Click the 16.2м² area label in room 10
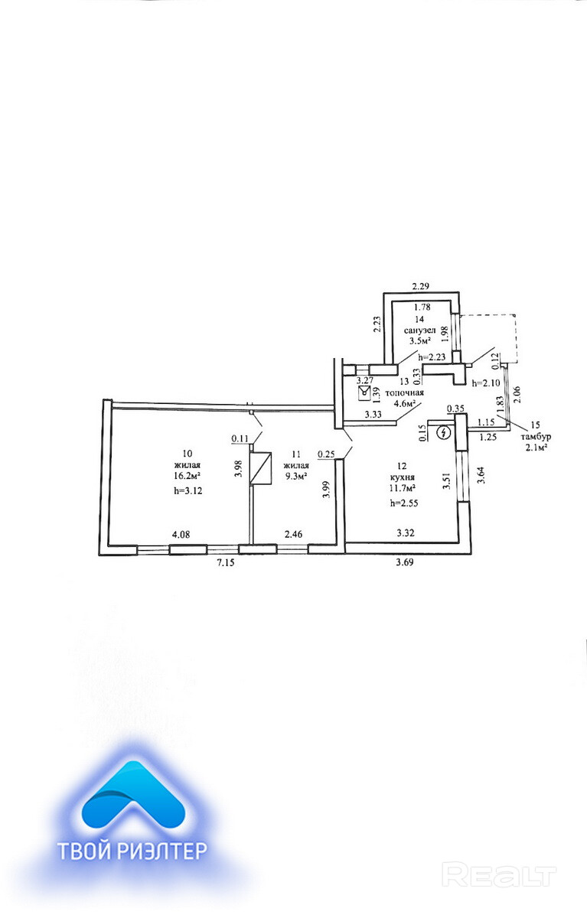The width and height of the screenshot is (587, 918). pyautogui.click(x=188, y=474)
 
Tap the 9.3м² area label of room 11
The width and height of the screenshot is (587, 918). pyautogui.click(x=295, y=474)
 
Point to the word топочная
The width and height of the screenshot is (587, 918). pyautogui.click(x=404, y=391)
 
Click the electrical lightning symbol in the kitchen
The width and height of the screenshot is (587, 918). pyautogui.click(x=442, y=433)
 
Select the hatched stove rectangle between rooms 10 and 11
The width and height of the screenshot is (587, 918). pyautogui.click(x=264, y=468)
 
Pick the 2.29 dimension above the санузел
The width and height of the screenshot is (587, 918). pyautogui.click(x=422, y=287)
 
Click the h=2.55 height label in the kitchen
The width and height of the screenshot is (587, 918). pyautogui.click(x=406, y=503)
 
